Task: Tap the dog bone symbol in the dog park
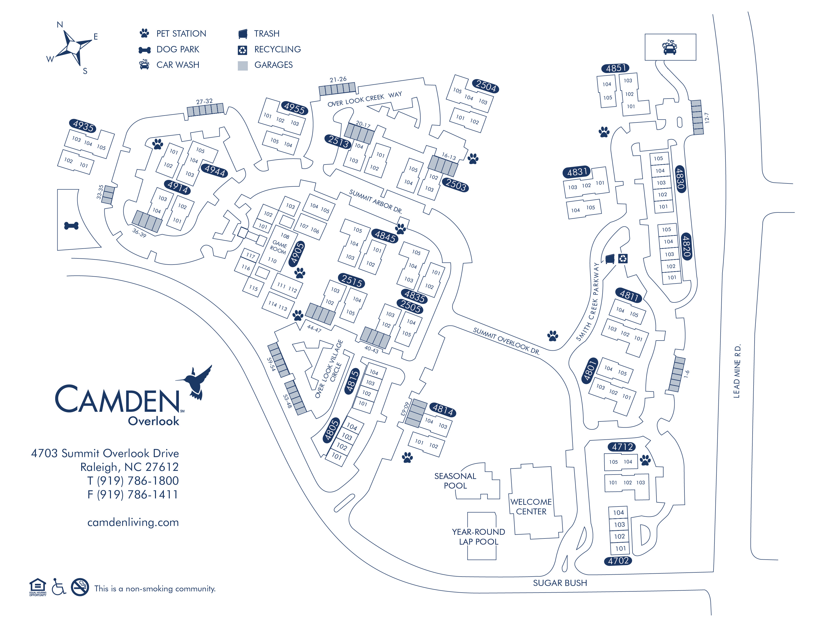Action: point(71,226)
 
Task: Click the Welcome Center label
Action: point(531,507)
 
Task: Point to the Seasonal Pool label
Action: point(455,481)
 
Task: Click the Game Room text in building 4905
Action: point(278,247)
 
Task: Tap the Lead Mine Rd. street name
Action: point(736,371)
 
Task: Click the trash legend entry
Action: point(266,34)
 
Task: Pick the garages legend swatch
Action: point(243,66)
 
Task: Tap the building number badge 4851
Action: point(615,68)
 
